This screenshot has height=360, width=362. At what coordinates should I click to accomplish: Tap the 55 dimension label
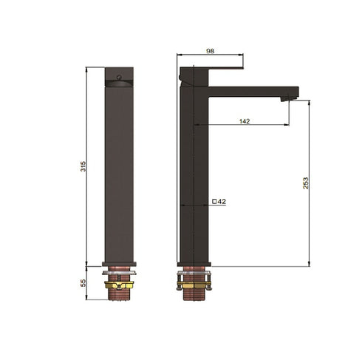(83, 282)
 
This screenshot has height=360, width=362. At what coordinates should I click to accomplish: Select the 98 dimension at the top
(210, 50)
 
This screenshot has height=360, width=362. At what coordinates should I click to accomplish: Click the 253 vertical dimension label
(306, 183)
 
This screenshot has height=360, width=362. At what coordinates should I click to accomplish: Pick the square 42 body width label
(219, 201)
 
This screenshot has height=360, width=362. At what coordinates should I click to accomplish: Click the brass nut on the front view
(119, 284)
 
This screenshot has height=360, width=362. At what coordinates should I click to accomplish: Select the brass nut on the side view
(194, 284)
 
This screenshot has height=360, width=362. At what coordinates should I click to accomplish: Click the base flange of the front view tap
(119, 264)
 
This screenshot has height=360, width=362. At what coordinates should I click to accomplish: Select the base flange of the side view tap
(194, 264)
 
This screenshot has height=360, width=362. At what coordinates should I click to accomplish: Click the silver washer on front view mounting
(119, 276)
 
